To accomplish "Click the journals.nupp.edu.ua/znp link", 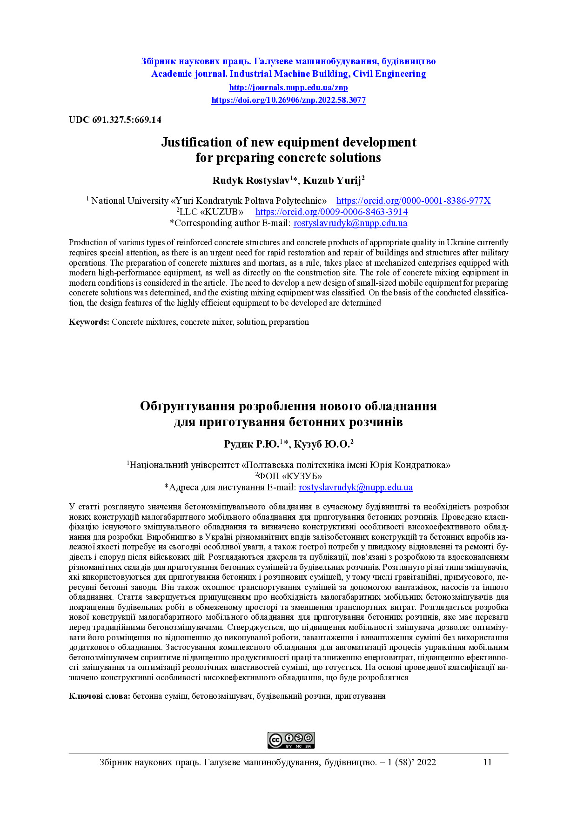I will [288, 87].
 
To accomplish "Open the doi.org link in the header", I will [288, 100].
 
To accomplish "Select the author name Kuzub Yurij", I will [332, 181].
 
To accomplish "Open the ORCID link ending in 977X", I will [413, 201].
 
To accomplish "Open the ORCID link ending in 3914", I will [331, 212].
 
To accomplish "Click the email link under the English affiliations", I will [350, 223].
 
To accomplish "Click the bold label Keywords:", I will [89, 322].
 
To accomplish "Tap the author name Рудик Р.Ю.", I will [251, 444].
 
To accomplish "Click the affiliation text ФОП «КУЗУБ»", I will [289, 476].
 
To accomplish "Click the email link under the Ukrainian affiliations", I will [356, 487].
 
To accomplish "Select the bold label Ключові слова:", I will [100, 696].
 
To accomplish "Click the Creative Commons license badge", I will [291, 740].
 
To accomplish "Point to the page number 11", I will [487, 762].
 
